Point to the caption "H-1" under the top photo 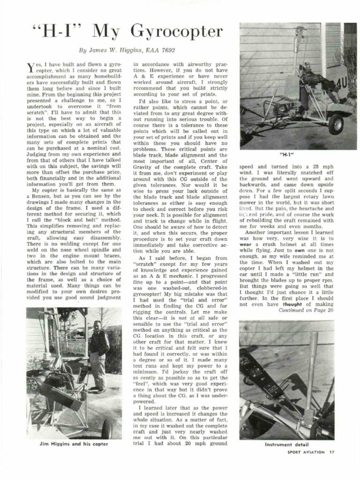coord(286,153)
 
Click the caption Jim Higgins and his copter coord(74,444)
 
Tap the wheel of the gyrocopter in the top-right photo coord(336,124)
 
